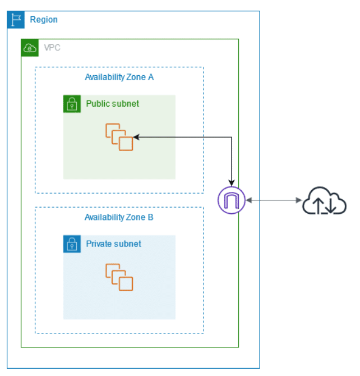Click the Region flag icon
16,20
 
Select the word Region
44,20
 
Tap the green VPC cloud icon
30,48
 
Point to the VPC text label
52,48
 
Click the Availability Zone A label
119,77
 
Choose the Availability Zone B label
119,217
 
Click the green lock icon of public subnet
72,104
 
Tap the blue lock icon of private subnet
72,244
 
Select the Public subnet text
112,104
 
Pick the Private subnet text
114,244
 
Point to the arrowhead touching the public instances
136,137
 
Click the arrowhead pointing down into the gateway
232,183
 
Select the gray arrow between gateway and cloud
274,200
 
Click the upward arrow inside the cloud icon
319,206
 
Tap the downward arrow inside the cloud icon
331,206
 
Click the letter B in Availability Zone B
150,217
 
